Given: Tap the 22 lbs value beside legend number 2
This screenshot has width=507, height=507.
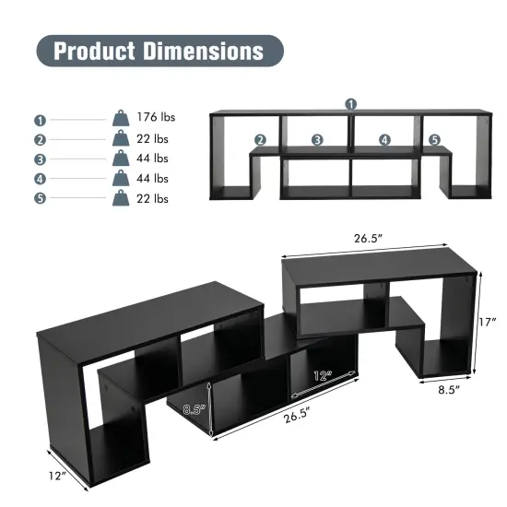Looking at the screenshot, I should point(152,138).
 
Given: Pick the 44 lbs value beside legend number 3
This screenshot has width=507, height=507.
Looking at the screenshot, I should point(152,159).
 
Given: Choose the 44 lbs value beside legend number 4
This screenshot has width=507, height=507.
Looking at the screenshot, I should point(152,179).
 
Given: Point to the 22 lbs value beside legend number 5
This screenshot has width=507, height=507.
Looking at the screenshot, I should point(152,199).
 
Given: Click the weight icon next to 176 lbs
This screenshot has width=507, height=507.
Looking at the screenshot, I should point(121,119).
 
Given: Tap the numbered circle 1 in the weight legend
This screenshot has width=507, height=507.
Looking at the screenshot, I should point(40,119).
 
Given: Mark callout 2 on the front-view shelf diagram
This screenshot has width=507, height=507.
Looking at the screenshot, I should point(261,140).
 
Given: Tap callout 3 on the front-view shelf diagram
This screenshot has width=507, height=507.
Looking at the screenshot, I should point(316,140).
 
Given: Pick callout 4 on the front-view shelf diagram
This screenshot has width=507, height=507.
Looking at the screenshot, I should point(384,140).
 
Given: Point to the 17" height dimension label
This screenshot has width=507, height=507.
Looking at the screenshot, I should point(489,323).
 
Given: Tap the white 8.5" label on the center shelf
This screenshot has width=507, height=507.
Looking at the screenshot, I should point(192,411).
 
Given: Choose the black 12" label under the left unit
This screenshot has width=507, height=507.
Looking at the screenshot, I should point(59,476).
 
